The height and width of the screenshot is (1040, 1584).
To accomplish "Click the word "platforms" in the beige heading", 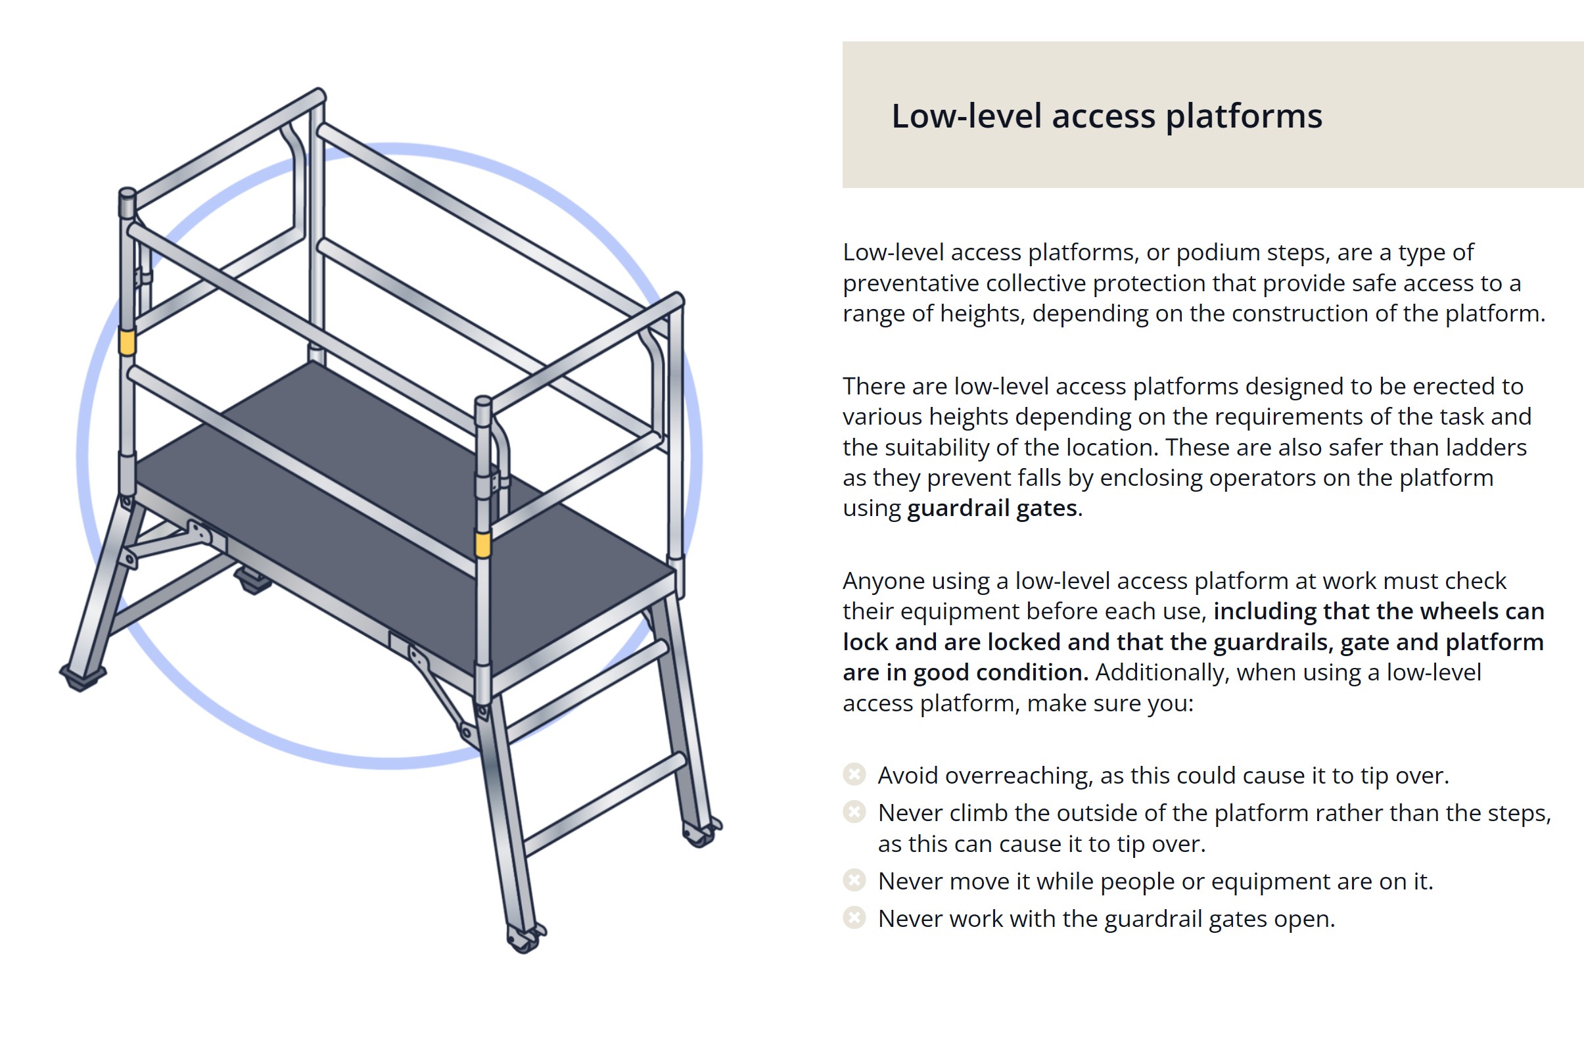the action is click(x=1244, y=116).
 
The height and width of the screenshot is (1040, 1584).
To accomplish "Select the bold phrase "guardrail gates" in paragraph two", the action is click(x=992, y=509).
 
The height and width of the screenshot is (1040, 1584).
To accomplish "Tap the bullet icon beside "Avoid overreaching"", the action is click(x=854, y=774).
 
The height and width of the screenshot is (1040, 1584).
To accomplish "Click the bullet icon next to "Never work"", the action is click(x=854, y=918).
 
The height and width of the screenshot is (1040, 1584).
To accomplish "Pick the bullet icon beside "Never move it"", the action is click(x=854, y=880).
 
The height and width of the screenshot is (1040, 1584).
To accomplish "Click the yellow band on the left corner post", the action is click(x=126, y=343).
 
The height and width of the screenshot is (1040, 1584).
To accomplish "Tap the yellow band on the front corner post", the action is click(x=482, y=544).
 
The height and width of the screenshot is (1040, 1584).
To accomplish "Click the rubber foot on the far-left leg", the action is click(x=83, y=678).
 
